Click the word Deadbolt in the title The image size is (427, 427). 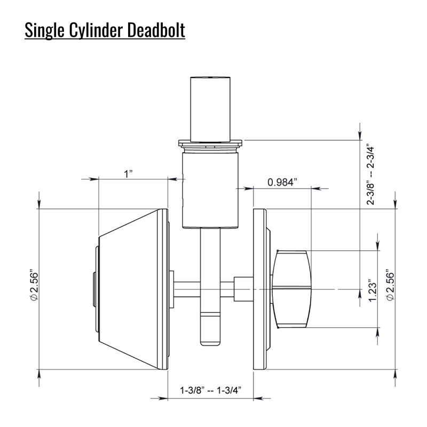tap(156, 30)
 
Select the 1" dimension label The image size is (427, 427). tap(128, 174)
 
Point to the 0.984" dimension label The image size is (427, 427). tap(282, 182)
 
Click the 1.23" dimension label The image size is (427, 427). tap(373, 290)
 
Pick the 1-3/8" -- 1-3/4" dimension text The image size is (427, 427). tap(211, 390)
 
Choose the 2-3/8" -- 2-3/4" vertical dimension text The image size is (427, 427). tap(370, 175)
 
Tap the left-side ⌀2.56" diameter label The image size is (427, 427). tap(35, 285)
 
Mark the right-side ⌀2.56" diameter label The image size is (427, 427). tap(390, 285)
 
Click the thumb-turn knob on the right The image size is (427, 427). tap(292, 289)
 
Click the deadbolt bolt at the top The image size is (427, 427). tap(210, 109)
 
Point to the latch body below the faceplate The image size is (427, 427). tap(210, 190)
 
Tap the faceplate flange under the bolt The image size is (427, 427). tap(210, 143)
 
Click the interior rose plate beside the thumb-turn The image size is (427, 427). tap(260, 289)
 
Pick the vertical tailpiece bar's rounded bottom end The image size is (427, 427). tap(210, 343)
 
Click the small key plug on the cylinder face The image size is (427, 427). tap(94, 289)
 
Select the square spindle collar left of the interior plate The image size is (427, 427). tap(243, 289)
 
